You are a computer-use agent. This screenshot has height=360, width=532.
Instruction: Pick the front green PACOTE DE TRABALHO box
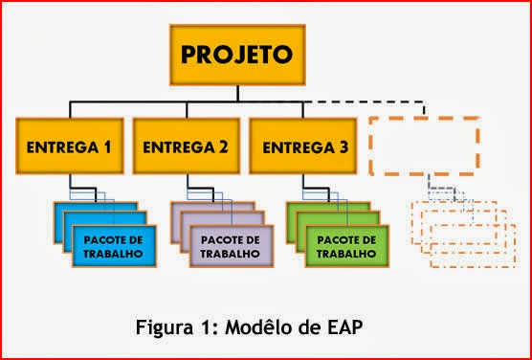[342, 246]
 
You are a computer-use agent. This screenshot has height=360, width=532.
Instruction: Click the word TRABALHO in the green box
[342, 254]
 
